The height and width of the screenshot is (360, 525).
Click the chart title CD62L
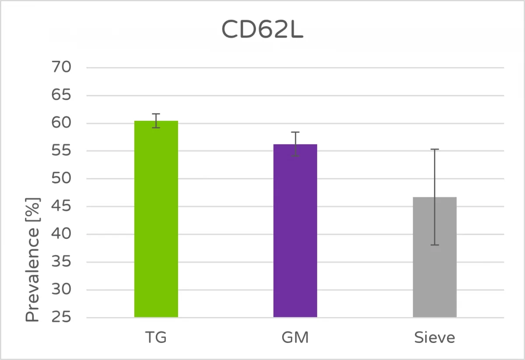[262, 30]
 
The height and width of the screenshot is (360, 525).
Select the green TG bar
[156, 219]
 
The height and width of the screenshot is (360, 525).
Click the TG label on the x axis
[156, 338]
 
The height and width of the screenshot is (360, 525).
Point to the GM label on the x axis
[295, 338]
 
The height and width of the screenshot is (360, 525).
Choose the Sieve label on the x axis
[434, 338]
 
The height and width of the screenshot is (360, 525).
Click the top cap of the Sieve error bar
[434, 149]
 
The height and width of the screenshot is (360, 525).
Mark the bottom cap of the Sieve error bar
[434, 245]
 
